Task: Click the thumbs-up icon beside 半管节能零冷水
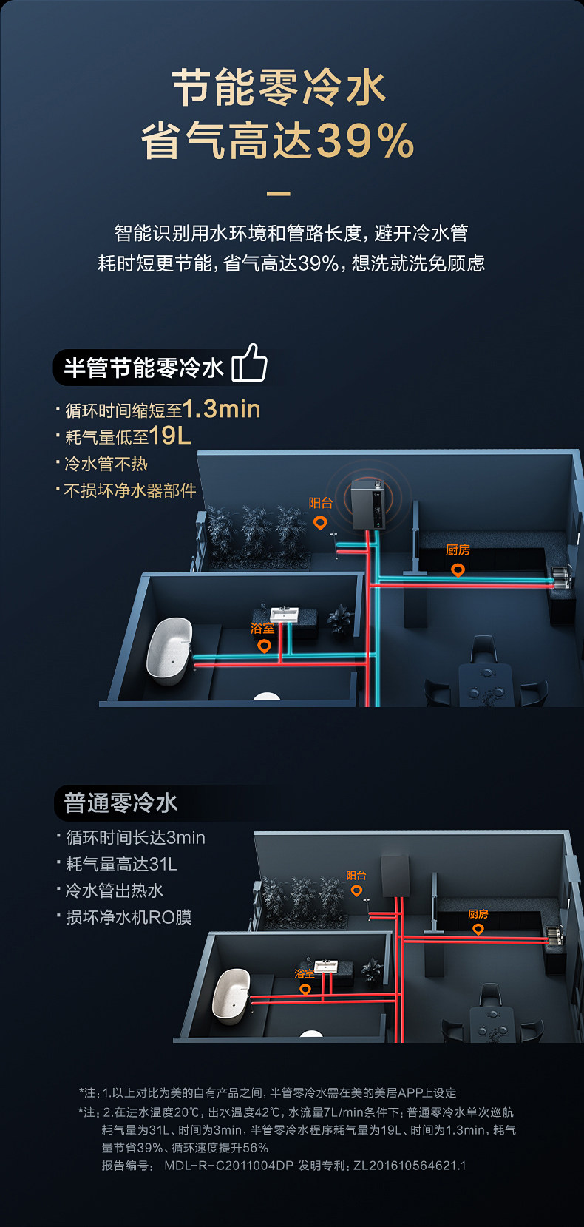(249, 362)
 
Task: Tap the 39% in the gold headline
(364, 141)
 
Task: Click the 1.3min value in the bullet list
(221, 409)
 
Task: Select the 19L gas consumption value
(170, 436)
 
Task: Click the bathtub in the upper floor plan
(169, 649)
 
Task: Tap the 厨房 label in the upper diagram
(458, 550)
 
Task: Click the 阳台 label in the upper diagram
(320, 503)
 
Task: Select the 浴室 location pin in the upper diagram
(264, 646)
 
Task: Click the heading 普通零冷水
(120, 802)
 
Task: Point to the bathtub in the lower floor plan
(231, 996)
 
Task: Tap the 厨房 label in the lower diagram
(478, 914)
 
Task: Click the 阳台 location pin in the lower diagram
(356, 891)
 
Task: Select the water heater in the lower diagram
(395, 876)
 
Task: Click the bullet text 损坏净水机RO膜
(129, 917)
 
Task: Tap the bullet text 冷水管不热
(106, 464)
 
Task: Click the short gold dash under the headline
(278, 194)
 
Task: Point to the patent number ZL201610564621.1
(410, 1166)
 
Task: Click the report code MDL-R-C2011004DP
(228, 1166)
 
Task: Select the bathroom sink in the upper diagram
(284, 615)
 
